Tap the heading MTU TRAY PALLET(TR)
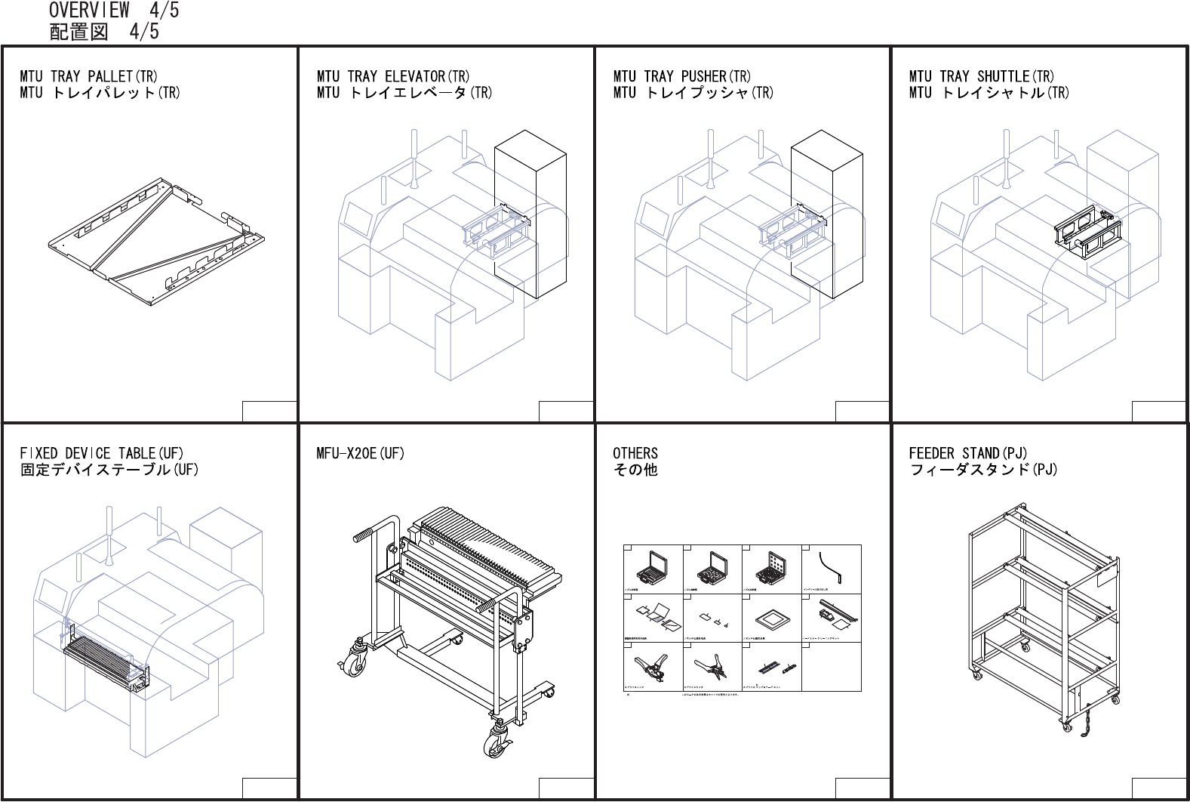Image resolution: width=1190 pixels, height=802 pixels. [88, 76]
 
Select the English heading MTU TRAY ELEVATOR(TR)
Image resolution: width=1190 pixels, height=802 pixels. [392, 76]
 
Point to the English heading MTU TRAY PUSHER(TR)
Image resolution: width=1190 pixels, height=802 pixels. [681, 76]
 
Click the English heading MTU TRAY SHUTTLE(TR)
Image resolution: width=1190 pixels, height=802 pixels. [981, 76]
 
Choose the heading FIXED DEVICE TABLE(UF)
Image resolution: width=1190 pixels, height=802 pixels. [101, 453]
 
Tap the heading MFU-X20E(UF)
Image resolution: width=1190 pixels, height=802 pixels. [360, 453]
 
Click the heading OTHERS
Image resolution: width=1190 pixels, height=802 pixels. [635, 453]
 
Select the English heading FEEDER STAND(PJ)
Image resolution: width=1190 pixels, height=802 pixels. [967, 453]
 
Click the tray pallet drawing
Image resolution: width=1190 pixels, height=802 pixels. [155, 242]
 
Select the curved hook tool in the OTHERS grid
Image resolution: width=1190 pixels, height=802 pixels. [831, 567]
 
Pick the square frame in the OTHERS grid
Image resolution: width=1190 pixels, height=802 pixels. [772, 617]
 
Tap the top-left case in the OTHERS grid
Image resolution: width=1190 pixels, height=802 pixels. [652, 566]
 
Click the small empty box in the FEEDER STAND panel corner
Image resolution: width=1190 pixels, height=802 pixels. [1158, 788]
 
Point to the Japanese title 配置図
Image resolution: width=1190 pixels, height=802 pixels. [78, 32]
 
